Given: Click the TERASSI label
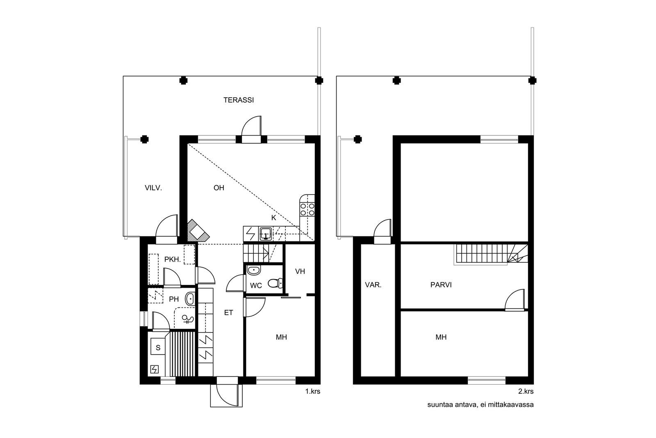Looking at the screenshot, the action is point(239,100).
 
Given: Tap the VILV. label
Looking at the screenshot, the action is point(153,188).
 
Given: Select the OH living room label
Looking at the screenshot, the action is point(219,188).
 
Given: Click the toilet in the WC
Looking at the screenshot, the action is point(275,283).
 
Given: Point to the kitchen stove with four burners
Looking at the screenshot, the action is point(307,209).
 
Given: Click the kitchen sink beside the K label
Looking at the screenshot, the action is point(265,234).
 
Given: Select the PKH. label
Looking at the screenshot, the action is point(172,259).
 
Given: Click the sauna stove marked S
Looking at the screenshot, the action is point(158,347).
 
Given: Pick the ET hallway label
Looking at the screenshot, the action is point(228,313).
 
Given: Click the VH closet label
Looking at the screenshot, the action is point(300,271).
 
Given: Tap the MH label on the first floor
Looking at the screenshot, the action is point(281,337).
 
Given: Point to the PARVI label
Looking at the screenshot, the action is point(441,284).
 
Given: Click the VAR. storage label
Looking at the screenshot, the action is point(373,284).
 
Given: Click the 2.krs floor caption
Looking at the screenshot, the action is point(526,391).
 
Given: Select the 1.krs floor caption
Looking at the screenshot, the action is point(312,391).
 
